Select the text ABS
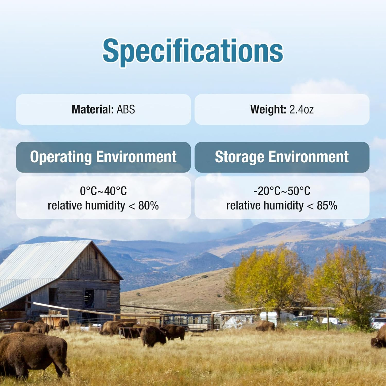(126, 109)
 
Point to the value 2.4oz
(302, 109)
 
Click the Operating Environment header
(103, 157)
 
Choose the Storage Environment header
(282, 157)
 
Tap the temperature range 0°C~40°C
(103, 191)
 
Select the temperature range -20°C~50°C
(282, 191)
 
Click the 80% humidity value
(148, 206)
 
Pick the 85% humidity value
(327, 206)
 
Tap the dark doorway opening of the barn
(89, 298)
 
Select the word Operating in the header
(61, 157)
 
